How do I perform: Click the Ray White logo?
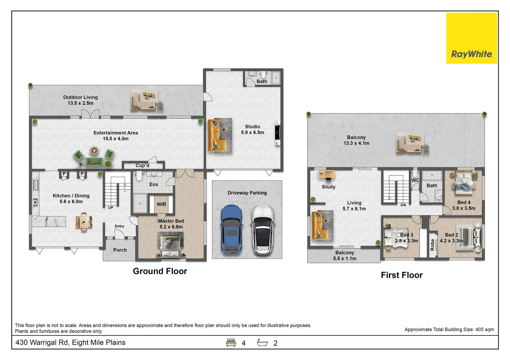click(472, 38)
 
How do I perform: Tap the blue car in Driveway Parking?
click(231, 229)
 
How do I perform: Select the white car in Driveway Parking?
click(263, 230)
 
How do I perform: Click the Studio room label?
click(252, 127)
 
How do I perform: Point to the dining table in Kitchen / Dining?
click(84, 222)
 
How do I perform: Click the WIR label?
click(161, 204)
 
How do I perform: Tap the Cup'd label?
click(142, 165)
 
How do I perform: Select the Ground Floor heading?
click(160, 271)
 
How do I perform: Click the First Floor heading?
click(402, 275)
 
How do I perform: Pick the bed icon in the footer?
click(231, 343)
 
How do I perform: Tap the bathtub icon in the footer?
click(263, 342)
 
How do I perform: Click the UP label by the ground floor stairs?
click(111, 208)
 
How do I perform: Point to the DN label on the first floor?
click(403, 205)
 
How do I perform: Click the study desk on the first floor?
click(327, 175)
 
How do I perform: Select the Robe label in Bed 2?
click(432, 245)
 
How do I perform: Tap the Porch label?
click(120, 250)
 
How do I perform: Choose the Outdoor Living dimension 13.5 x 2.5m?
click(80, 103)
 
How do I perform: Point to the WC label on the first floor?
click(415, 180)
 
